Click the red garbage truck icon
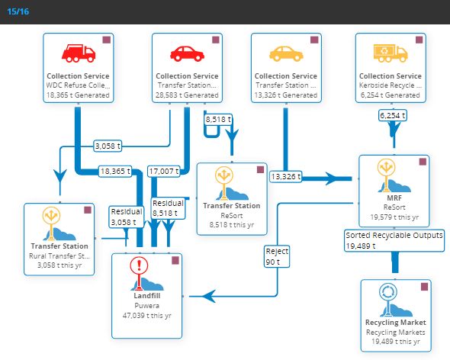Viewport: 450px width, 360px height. (79, 53)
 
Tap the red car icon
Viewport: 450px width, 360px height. (187, 53)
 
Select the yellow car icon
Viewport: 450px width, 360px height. (286, 53)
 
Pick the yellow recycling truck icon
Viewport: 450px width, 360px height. (391, 53)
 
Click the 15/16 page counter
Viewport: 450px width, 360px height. (18, 11)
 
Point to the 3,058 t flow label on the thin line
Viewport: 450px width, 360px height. (108, 146)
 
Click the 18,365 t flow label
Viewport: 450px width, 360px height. (115, 172)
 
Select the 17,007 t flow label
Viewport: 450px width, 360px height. (163, 172)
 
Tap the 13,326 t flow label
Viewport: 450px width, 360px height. (286, 176)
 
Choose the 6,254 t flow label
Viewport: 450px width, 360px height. (392, 115)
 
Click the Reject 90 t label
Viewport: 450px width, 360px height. (277, 256)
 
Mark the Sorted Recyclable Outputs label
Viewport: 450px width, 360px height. (394, 240)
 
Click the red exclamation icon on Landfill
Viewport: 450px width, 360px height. (139, 266)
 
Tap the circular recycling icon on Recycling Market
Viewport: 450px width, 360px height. (388, 292)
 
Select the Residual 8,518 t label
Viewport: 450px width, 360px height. (168, 208)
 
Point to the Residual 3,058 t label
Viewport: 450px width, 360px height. (127, 217)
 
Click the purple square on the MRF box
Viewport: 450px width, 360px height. (423, 162)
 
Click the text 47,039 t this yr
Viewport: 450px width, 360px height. (146, 316)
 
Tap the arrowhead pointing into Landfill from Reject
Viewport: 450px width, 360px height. (209, 296)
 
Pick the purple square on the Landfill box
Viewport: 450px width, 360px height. (175, 260)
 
